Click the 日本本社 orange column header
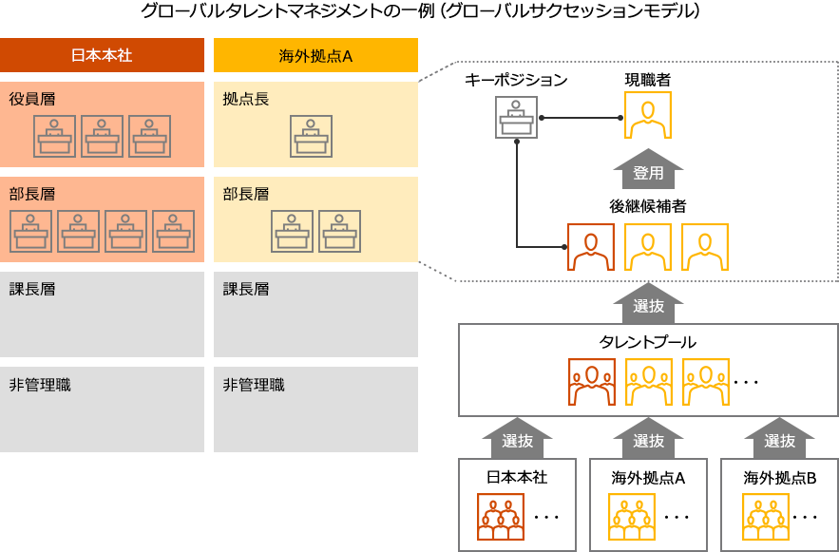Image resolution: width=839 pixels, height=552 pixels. coord(103,55)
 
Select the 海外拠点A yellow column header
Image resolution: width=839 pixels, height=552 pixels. coord(315,55)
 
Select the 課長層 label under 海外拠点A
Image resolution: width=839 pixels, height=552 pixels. coord(246,289)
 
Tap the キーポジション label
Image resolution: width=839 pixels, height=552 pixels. coord(516,80)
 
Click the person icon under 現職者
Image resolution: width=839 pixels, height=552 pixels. coord(648,118)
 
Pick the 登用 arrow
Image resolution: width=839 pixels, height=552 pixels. coord(648,172)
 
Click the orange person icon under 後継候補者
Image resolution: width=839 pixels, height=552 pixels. coord(590,247)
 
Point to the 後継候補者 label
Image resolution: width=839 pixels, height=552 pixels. coord(648,205)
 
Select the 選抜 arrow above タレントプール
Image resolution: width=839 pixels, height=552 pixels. coord(648,304)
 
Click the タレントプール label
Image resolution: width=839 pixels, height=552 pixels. coord(648,342)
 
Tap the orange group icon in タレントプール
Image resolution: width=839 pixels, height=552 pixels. coord(590,382)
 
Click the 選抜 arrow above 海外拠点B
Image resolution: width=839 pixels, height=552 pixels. coord(779,439)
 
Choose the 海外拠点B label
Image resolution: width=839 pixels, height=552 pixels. coord(779,478)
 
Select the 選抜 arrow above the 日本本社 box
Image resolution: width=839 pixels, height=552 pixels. coord(517,439)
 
